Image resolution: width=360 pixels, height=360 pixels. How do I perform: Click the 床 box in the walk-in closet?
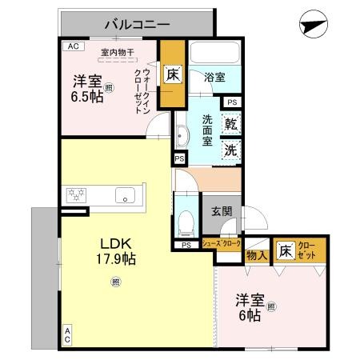pyautogui.click(x=173, y=75)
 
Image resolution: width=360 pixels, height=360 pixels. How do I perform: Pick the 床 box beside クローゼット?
pyautogui.click(x=284, y=250)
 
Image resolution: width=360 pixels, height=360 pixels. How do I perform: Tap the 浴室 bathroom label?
pyautogui.click(x=213, y=78)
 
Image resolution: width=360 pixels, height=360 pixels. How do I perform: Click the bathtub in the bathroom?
pyautogui.click(x=214, y=54)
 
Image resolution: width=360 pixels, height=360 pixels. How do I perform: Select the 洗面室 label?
pyautogui.click(x=206, y=130)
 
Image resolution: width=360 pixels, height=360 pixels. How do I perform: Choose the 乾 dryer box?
pyautogui.click(x=230, y=124)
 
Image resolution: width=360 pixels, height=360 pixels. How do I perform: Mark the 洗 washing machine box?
pyautogui.click(x=230, y=149)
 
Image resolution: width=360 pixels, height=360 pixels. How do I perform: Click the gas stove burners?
pyautogui.click(x=77, y=194)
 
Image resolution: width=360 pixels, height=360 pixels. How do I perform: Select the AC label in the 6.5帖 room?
pyautogui.click(x=74, y=46)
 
